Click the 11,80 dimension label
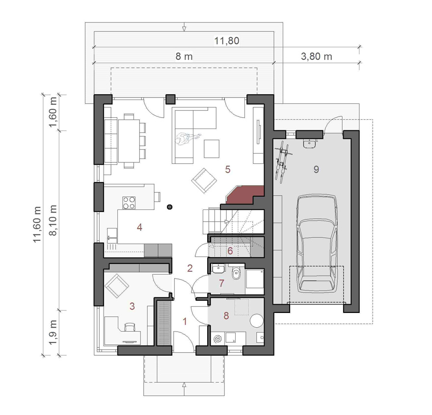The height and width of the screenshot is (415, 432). (226, 41)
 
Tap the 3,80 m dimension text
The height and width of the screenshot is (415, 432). (316, 56)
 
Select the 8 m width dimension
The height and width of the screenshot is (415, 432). (184, 56)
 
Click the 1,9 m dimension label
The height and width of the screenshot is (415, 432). (53, 332)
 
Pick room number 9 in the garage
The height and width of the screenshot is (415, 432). (316, 169)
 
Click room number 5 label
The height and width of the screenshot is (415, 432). (228, 169)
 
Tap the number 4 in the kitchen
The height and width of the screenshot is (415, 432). (139, 228)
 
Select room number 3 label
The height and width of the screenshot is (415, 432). (132, 306)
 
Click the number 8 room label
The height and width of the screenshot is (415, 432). (226, 315)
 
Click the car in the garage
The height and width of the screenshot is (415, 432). (317, 244)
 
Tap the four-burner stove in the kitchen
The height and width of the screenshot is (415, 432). (129, 203)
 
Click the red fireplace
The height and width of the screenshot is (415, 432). (245, 194)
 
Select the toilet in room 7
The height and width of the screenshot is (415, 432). (236, 273)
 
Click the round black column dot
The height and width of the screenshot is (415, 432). (170, 207)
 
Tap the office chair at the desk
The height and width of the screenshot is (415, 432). (130, 328)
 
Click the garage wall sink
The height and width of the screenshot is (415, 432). (310, 143)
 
